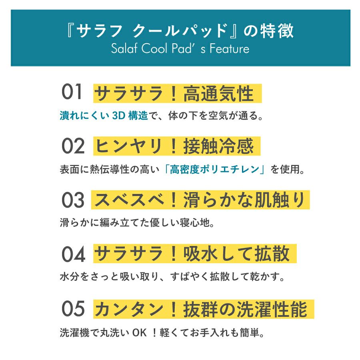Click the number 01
click(x=72, y=93)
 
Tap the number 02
click(x=73, y=146)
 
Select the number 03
click(x=73, y=200)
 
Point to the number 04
click(x=73, y=254)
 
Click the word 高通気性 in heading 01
click(x=218, y=94)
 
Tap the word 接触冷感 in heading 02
click(x=218, y=147)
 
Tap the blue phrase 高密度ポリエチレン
click(x=216, y=170)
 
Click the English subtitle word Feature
click(x=230, y=49)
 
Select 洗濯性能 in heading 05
click(x=268, y=309)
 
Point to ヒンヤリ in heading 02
click(x=128, y=147)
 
